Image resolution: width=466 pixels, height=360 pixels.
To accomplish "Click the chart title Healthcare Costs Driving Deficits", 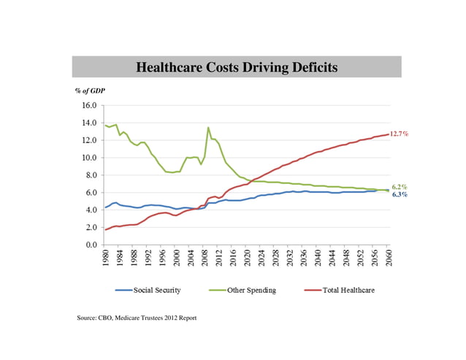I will (237, 68).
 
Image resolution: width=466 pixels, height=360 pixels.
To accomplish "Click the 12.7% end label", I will (399, 134).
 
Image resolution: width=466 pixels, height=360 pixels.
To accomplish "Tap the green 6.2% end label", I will (400, 187).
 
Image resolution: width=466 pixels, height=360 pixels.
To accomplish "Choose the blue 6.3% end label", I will (400, 195).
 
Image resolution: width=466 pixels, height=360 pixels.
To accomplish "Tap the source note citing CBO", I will (137, 318).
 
